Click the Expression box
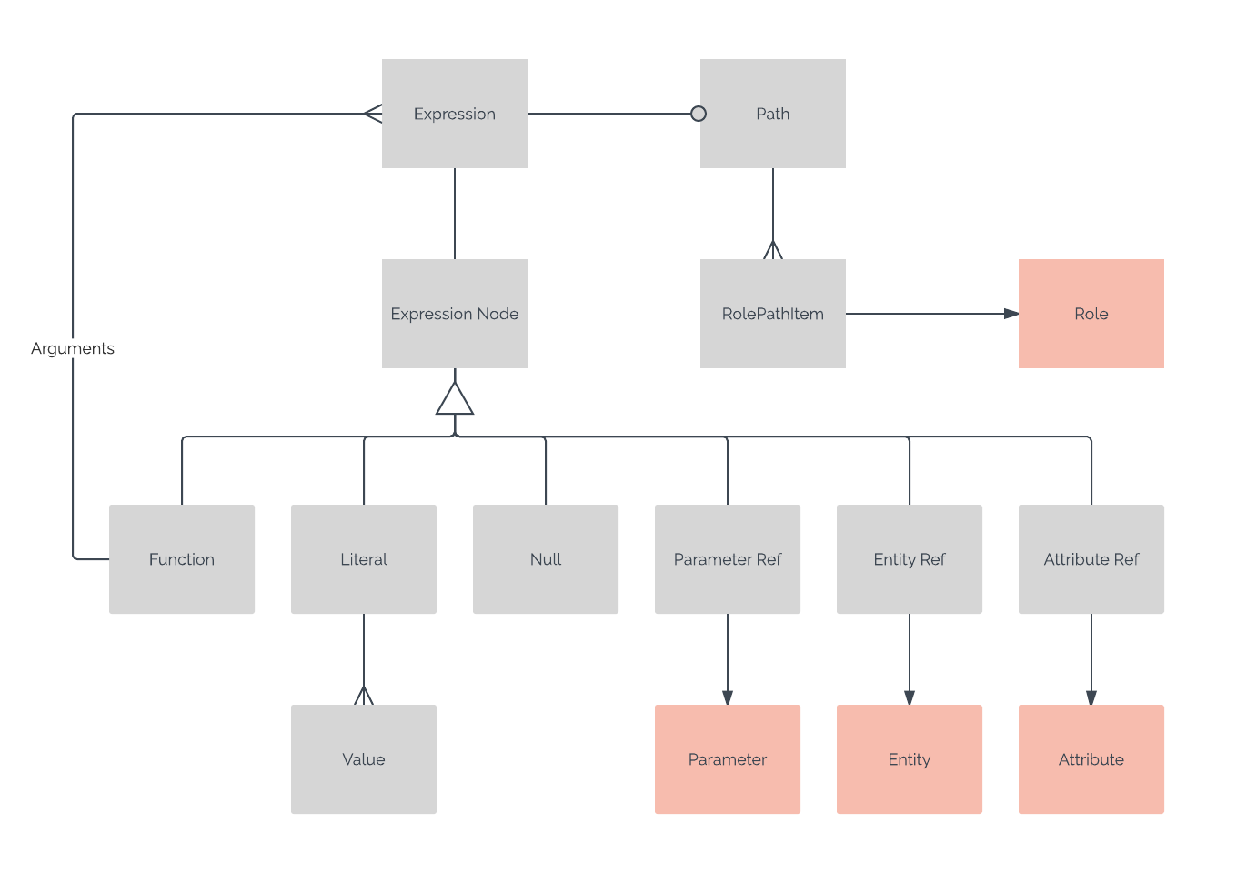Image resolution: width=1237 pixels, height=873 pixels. click(x=455, y=114)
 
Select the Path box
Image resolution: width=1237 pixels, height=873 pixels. click(x=773, y=114)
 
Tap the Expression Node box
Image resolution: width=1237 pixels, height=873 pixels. click(x=455, y=314)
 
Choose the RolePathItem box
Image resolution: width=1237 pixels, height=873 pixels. click(x=773, y=314)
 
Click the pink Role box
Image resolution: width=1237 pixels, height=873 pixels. click(x=1091, y=314)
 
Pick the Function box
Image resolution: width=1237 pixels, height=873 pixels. click(x=182, y=559)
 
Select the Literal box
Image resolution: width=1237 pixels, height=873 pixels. click(x=364, y=559)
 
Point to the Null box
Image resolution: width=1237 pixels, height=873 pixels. click(x=546, y=559)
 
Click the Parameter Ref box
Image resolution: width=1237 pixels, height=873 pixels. click(x=728, y=559)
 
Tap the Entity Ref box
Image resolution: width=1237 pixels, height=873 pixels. click(x=910, y=559)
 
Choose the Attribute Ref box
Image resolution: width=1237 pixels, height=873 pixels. click(x=1091, y=559)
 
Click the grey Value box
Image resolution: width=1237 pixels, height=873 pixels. click(x=364, y=759)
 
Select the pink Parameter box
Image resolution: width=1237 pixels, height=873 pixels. click(x=728, y=759)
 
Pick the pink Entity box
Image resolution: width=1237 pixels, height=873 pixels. click(x=910, y=759)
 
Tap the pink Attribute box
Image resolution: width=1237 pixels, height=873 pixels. click(x=1091, y=759)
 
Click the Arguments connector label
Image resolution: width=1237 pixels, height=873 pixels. click(x=73, y=348)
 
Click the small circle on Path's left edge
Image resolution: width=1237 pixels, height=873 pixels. click(x=699, y=114)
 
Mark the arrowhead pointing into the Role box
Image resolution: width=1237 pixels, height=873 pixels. click(x=1011, y=314)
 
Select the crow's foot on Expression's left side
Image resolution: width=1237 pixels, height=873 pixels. click(x=373, y=114)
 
